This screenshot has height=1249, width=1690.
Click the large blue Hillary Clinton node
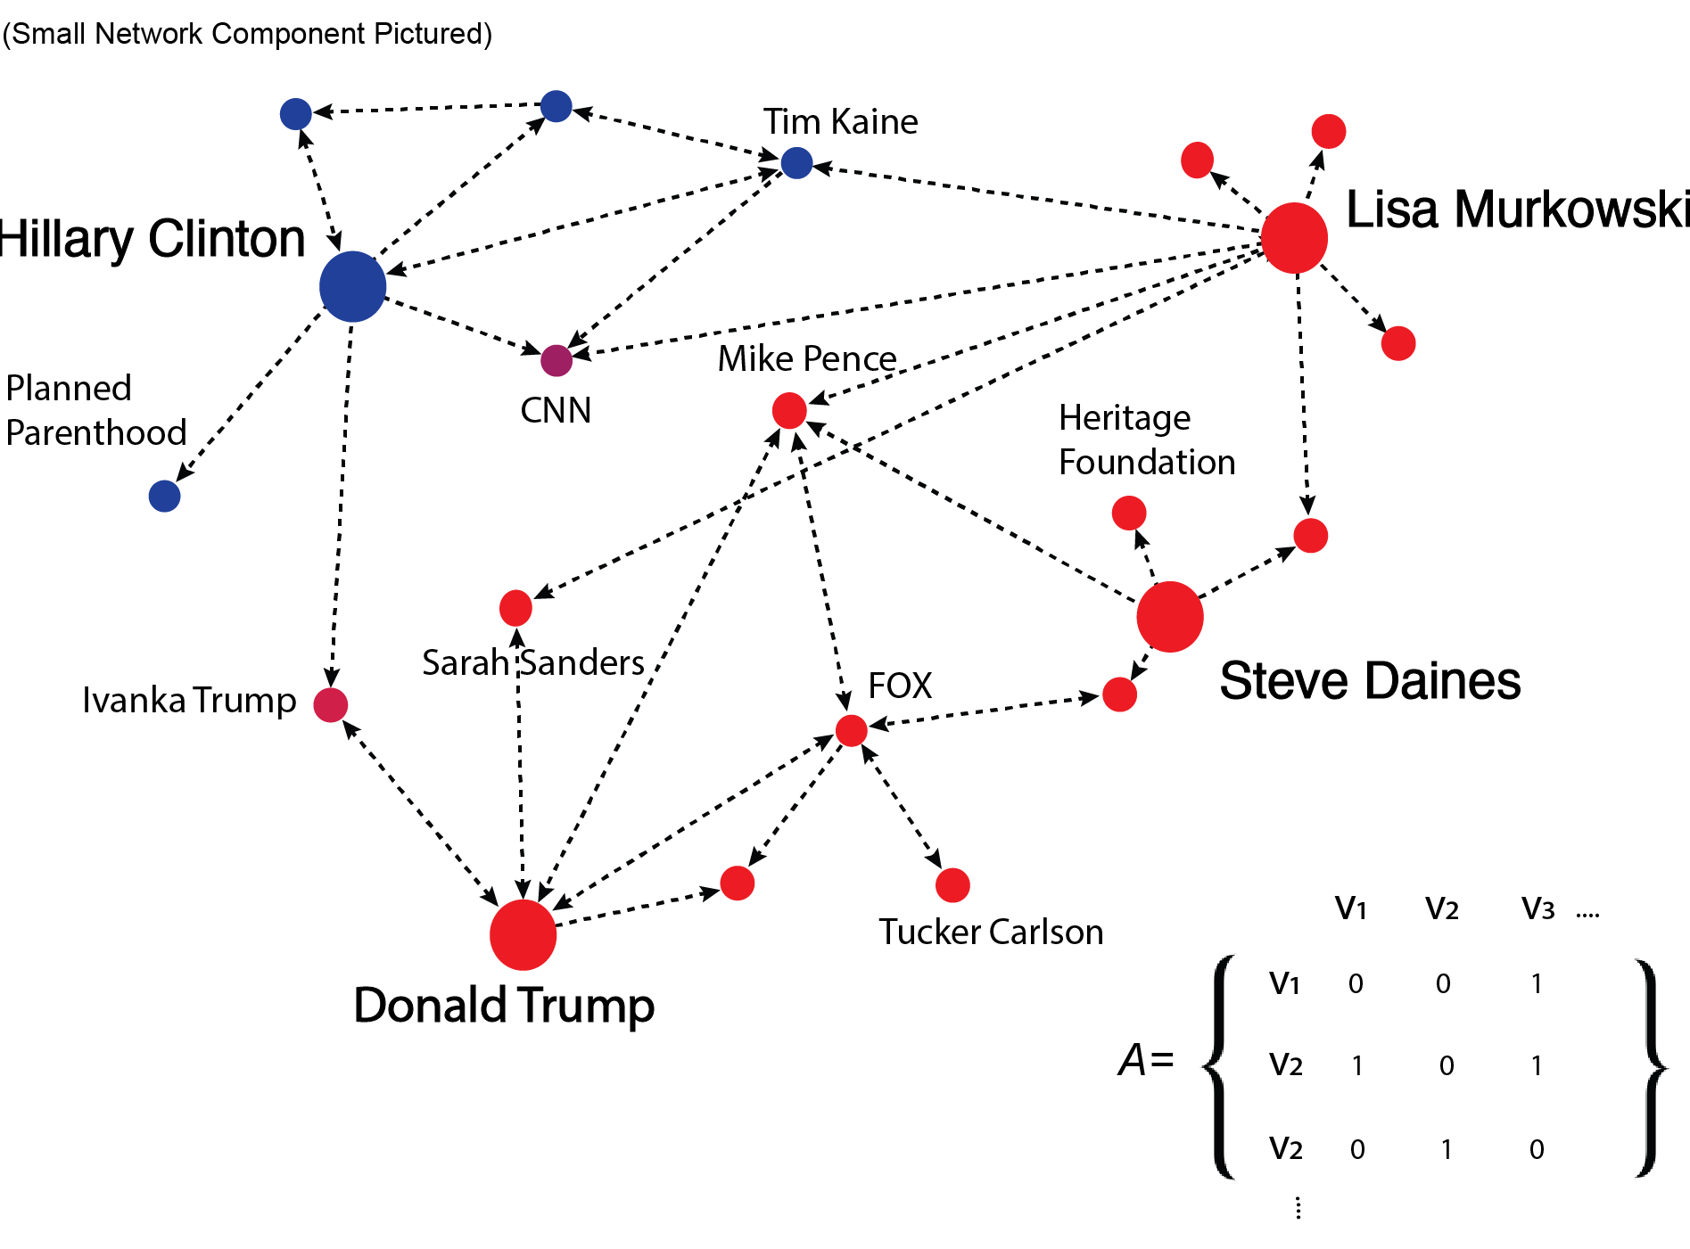pos(352,286)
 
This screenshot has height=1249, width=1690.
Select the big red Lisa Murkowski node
pos(1294,238)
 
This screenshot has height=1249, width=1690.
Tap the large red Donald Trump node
pos(523,934)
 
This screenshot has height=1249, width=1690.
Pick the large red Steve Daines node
pos(1170,617)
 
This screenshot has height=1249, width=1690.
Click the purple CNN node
pos(556,360)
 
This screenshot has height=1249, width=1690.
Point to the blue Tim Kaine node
pos(796,163)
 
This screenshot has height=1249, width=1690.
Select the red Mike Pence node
pos(789,410)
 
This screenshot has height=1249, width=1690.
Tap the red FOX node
pos(851,730)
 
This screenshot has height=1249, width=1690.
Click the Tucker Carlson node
pos(952,884)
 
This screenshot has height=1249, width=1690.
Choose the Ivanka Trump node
pos(330,704)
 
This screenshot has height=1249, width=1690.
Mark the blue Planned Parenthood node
pos(164,496)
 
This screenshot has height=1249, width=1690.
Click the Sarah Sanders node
pos(515,608)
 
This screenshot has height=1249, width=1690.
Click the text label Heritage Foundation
pos(1146,440)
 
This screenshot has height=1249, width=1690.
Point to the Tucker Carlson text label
pos(991,932)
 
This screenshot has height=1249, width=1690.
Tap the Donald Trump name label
pos(504,1006)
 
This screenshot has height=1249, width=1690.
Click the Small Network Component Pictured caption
pos(247,34)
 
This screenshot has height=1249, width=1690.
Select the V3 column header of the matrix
pos(1537,909)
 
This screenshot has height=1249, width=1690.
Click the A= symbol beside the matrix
pos(1146,1060)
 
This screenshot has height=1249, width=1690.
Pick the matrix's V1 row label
pos(1284,983)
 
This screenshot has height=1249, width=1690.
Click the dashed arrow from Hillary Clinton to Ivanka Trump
pos(342,499)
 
